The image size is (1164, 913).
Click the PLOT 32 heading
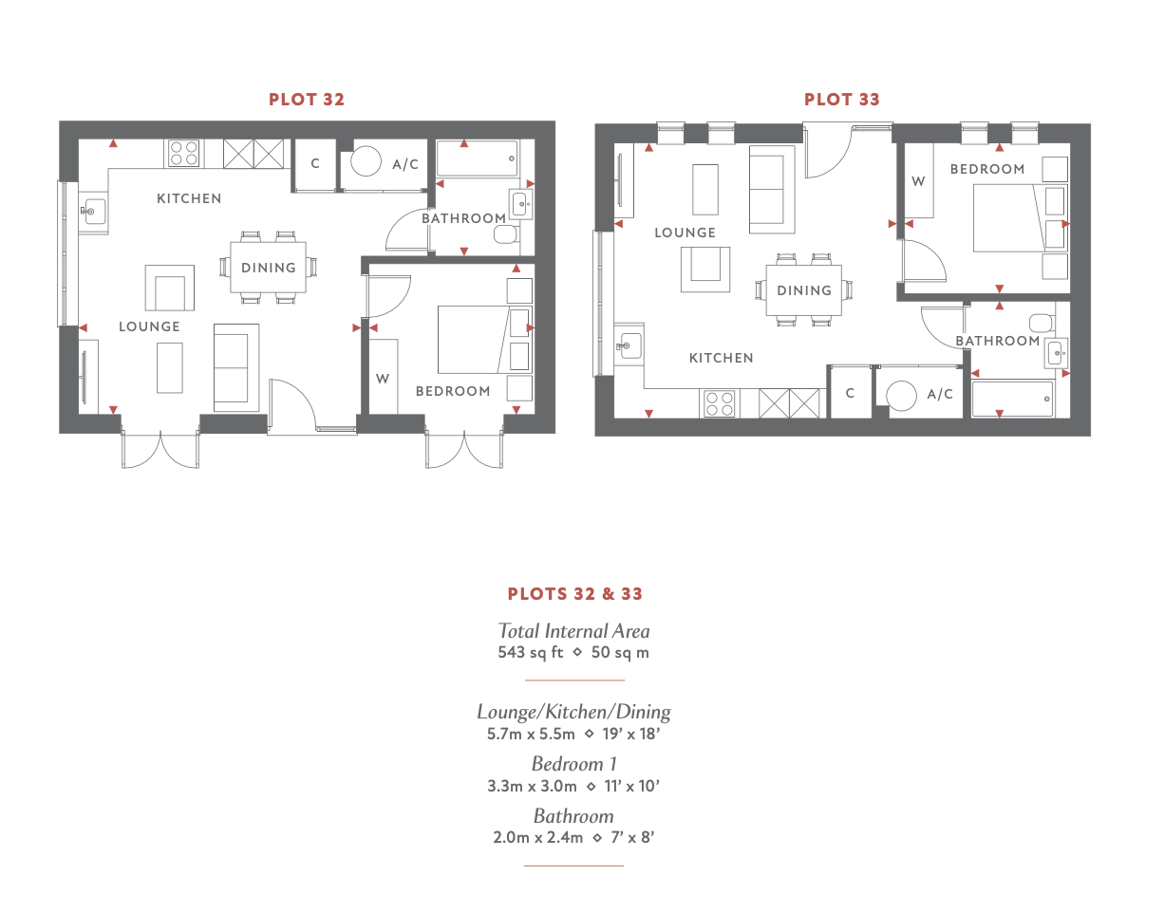307,99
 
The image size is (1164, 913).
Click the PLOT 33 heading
841,99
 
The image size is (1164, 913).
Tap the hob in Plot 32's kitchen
184,153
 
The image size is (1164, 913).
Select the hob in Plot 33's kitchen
720,403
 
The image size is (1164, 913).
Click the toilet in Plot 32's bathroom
506,234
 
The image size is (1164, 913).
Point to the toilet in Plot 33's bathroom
1042,323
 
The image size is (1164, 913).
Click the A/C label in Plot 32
405,164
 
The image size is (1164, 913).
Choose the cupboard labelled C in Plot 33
850,393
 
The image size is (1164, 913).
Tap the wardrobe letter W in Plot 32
382,379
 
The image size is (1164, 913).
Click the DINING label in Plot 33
804,290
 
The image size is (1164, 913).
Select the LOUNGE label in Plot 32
149,326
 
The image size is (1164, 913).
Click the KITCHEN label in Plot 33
721,358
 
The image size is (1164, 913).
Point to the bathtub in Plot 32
478,158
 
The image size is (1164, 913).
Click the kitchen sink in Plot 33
629,345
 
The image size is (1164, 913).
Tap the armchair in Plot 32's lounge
170,288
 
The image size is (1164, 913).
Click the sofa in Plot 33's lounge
771,189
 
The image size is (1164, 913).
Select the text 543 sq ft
531,652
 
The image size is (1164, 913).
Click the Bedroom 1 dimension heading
573,764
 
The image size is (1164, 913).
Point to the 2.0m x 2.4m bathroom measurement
537,836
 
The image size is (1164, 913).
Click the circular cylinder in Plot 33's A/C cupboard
902,395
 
